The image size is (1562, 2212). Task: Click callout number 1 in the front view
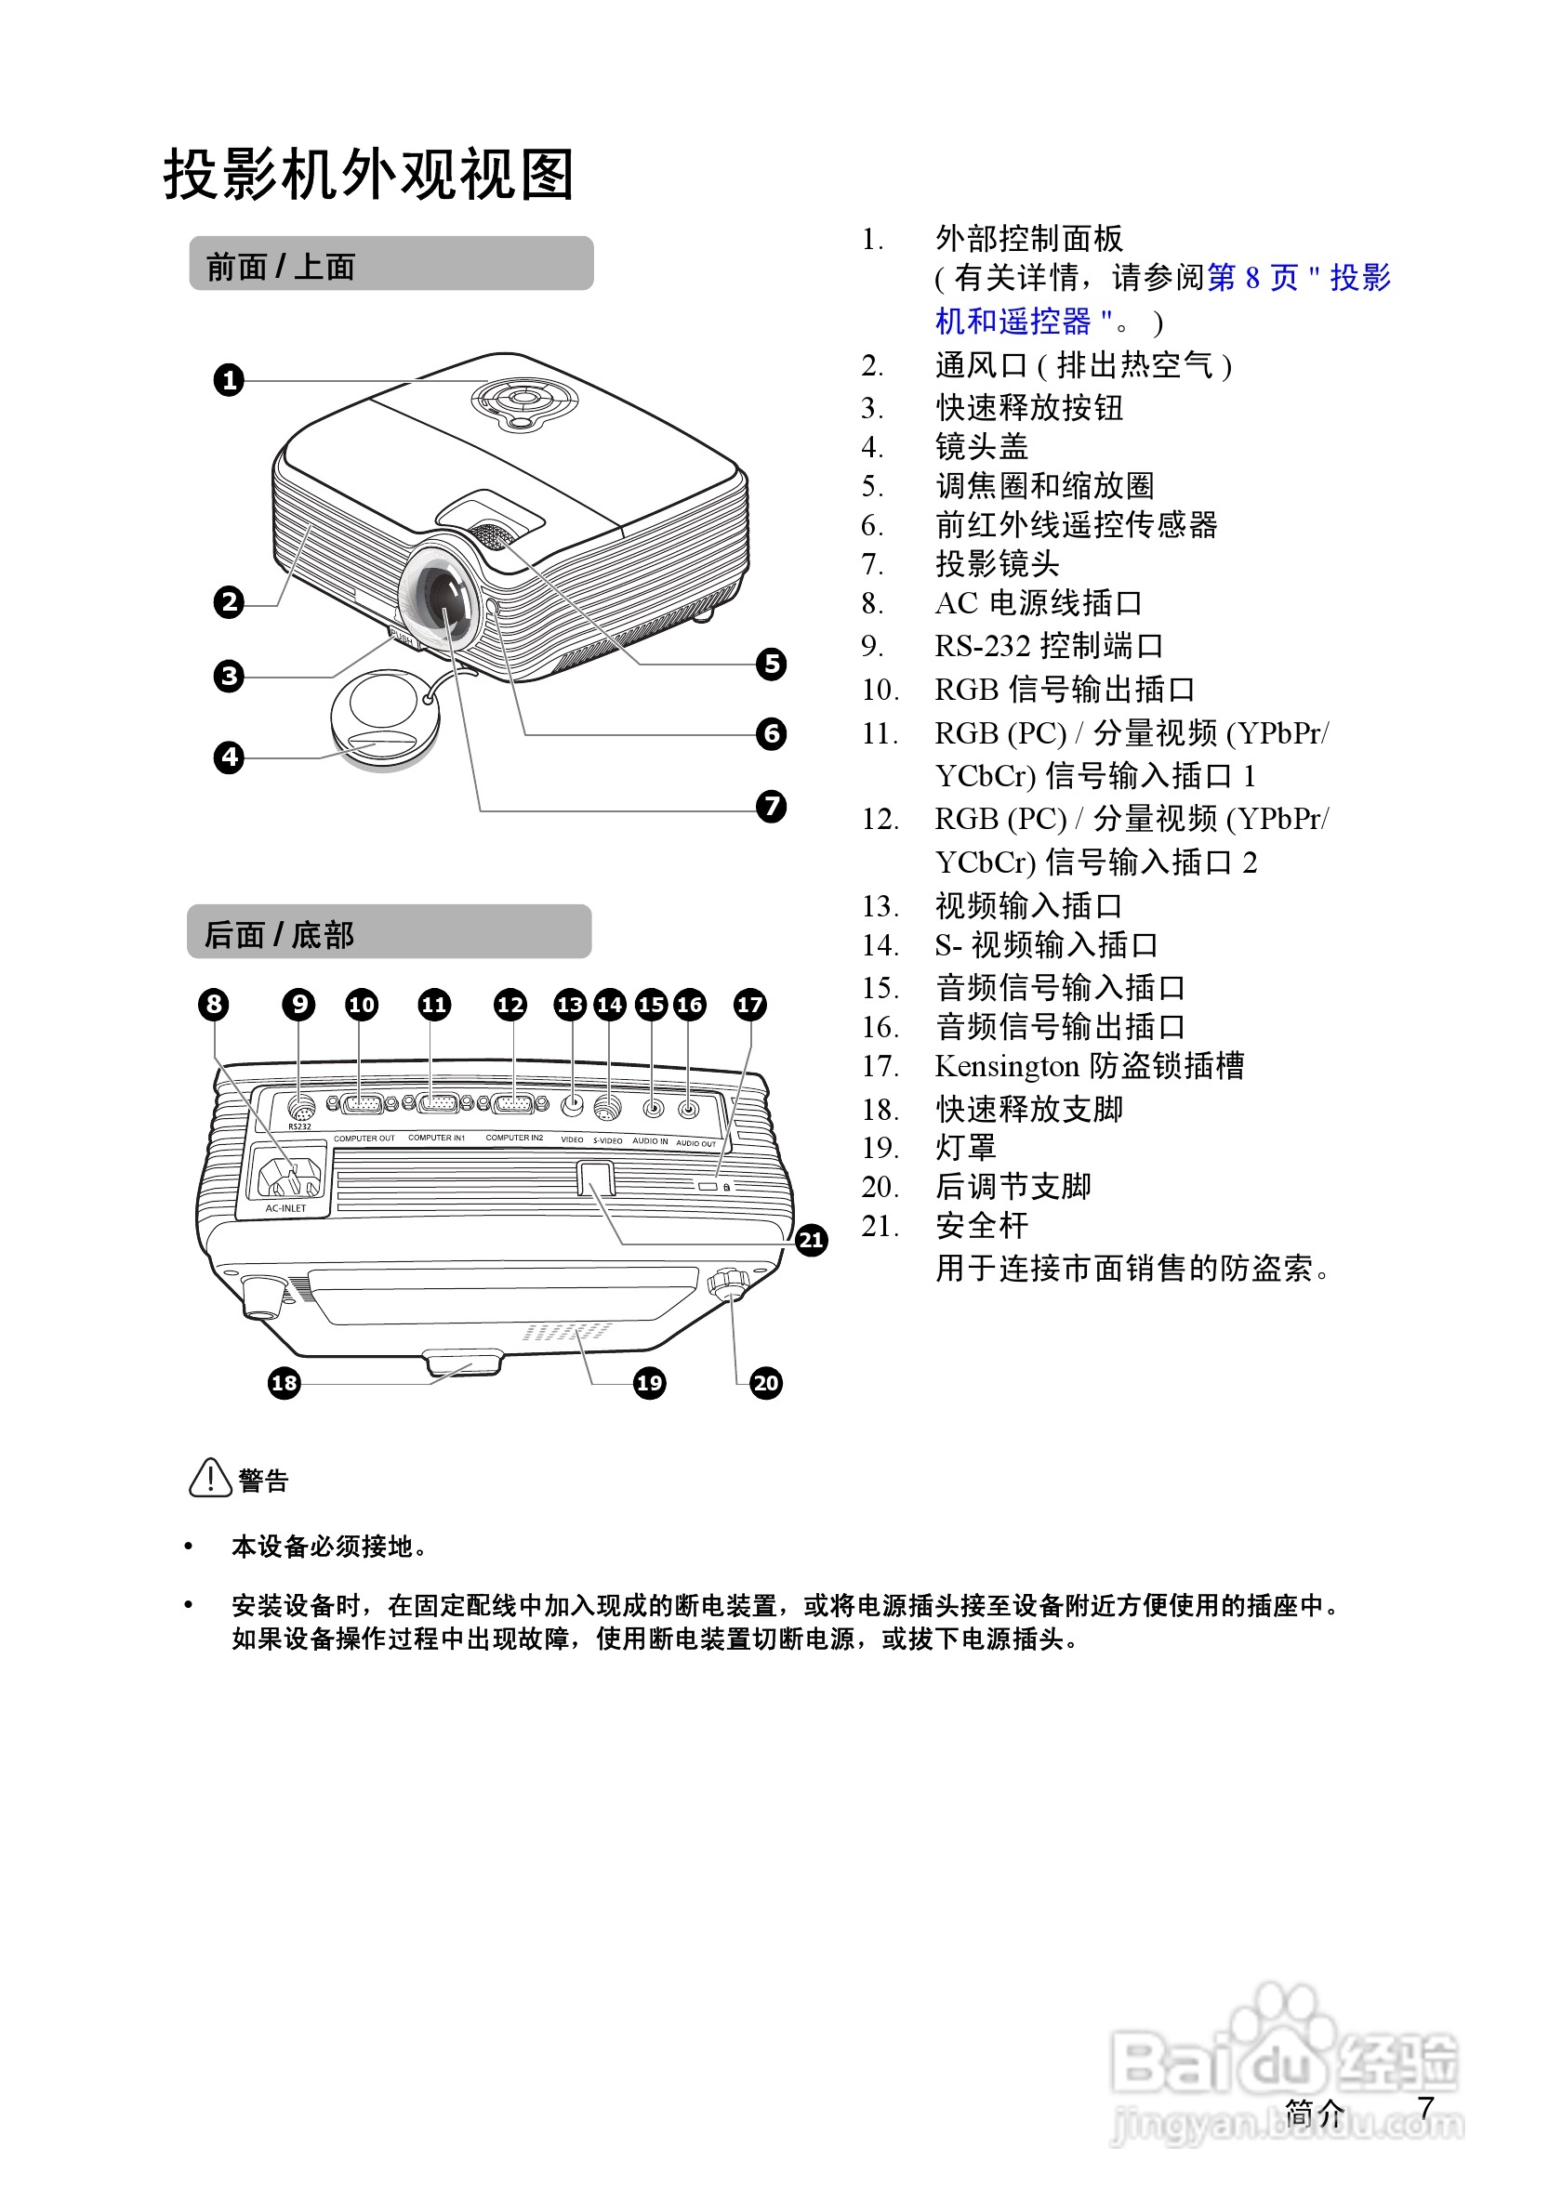[x=229, y=379]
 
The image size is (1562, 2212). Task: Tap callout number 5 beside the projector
[x=771, y=664]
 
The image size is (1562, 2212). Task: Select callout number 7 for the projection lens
[x=771, y=806]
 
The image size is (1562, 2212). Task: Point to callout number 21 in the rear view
[x=812, y=1240]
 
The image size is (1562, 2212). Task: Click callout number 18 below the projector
[x=285, y=1384]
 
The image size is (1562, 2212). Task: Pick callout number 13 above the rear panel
[x=570, y=1005]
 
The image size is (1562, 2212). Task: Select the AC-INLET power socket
[x=287, y=1175]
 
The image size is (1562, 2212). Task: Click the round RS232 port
[x=300, y=1107]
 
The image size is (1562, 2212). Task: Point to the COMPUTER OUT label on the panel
[x=364, y=1139]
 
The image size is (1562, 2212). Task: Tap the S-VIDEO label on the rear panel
[x=607, y=1140]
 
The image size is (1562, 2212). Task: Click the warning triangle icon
[x=210, y=1479]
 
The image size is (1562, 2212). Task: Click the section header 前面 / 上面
[x=281, y=267]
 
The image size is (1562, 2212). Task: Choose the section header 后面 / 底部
[x=280, y=934]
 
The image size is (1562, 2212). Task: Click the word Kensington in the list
[x=1006, y=1067]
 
